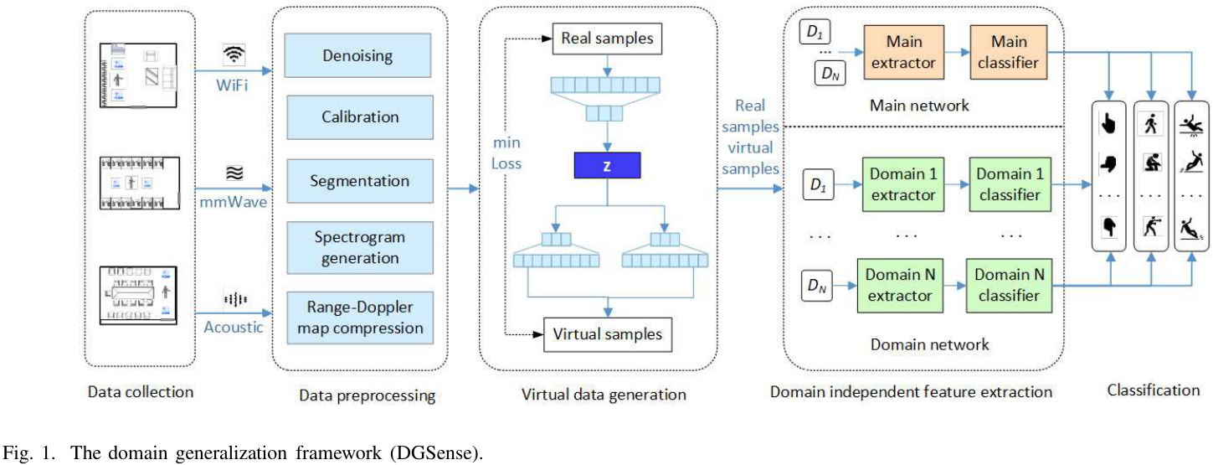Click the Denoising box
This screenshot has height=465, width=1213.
click(357, 56)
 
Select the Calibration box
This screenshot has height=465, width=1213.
click(357, 117)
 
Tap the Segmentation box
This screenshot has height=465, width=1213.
click(357, 181)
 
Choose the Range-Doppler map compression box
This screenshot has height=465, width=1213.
click(357, 315)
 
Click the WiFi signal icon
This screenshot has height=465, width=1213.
click(234, 54)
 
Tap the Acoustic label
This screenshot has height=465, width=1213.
click(234, 326)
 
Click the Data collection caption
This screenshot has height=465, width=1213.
click(141, 391)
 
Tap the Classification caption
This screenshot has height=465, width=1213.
click(1153, 390)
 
